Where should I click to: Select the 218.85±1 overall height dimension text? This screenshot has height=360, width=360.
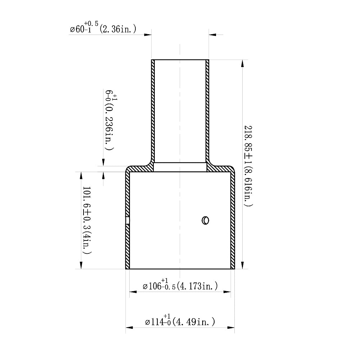248,166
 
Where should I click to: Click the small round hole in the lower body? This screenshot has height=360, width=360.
206,220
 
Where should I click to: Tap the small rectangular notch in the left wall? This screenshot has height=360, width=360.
127,220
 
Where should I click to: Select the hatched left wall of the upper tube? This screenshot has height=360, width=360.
153,112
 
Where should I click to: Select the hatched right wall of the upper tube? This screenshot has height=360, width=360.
207,112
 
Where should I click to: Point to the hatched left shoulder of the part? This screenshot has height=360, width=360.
139,168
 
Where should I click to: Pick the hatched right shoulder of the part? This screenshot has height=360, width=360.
221,168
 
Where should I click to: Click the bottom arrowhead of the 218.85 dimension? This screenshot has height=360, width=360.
243,265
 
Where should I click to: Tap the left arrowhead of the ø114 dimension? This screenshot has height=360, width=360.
129,328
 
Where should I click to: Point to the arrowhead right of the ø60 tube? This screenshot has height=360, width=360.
212,35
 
